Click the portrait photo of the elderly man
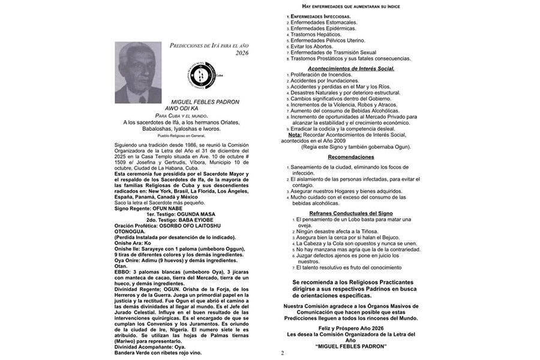pos(138,73)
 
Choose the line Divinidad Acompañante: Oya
pos(149,347)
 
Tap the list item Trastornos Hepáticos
pos(317,34)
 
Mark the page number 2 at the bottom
pos(282,353)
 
